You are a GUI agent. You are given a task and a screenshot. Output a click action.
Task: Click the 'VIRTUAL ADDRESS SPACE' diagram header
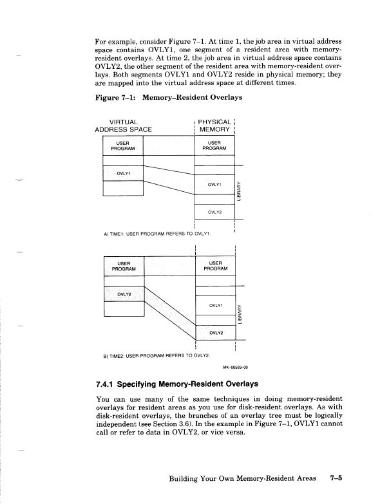(123, 124)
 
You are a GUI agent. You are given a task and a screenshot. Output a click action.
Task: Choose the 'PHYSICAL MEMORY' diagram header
(214, 124)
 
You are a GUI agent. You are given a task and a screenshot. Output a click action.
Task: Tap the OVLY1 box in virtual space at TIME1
(122, 173)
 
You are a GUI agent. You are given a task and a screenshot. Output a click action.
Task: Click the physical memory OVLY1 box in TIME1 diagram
(214, 185)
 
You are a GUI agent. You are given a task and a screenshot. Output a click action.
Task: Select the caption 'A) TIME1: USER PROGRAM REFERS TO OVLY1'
(158, 234)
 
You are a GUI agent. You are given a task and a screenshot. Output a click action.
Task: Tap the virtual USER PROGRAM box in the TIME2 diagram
(122, 265)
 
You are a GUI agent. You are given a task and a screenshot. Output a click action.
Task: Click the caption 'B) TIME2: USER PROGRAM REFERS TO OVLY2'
(158, 355)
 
